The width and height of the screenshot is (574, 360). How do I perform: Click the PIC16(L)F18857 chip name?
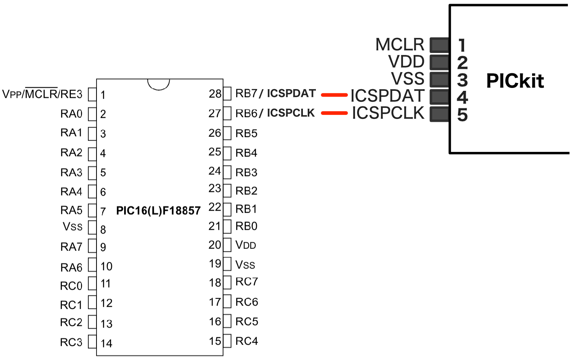pyautogui.click(x=158, y=211)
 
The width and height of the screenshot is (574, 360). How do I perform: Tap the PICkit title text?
pyautogui.click(x=515, y=81)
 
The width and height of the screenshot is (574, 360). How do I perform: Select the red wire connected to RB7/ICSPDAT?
pyautogui.click(x=334, y=95)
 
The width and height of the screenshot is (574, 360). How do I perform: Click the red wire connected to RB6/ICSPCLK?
pyautogui.click(x=334, y=113)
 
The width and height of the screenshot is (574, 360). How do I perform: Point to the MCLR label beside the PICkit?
pyautogui.click(x=400, y=44)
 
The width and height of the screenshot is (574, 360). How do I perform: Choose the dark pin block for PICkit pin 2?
pyautogui.click(x=439, y=62)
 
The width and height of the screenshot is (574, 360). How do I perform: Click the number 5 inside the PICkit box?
pyautogui.click(x=462, y=115)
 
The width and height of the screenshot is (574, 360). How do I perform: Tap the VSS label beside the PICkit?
pyautogui.click(x=407, y=79)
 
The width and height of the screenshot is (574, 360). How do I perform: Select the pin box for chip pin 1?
pyautogui.click(x=92, y=94)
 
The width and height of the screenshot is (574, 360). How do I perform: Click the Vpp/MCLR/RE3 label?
pyautogui.click(x=42, y=94)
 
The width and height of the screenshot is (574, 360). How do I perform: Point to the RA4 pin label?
pyautogui.click(x=71, y=191)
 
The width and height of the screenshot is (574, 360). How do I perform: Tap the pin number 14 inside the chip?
pyautogui.click(x=106, y=343)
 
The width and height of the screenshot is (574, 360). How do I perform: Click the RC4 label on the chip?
pyautogui.click(x=247, y=341)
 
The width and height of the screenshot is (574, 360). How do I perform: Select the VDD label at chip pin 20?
pyautogui.click(x=245, y=245)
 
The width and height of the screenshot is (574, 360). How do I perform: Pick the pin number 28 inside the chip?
pyautogui.click(x=215, y=94)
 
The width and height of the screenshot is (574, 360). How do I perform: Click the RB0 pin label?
pyautogui.click(x=246, y=226)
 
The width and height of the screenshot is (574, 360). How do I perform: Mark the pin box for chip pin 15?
pyautogui.click(x=227, y=341)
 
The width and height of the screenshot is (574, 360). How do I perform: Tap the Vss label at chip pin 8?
pyautogui.click(x=72, y=226)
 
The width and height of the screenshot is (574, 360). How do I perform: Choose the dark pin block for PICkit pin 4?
pyautogui.click(x=439, y=97)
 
